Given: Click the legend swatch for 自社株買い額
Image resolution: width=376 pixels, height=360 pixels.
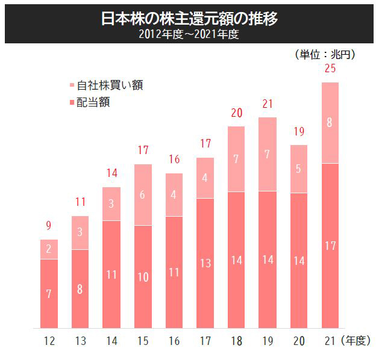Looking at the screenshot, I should point(72,85).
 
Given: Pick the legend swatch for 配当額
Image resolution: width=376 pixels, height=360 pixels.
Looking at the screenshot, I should point(72,102).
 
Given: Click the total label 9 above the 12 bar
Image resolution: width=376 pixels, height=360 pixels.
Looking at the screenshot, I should point(49,227).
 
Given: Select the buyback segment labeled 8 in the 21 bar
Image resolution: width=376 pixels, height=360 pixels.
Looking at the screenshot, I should point(330,123).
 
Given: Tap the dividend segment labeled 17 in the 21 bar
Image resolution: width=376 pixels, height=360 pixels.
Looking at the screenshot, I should point(330,246).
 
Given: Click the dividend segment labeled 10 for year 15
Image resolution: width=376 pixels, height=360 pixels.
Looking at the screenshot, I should point(142,277).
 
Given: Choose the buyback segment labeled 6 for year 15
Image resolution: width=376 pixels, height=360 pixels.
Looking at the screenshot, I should point(142,195).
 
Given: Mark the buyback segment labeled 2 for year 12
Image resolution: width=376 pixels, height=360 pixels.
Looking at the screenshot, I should point(49,249).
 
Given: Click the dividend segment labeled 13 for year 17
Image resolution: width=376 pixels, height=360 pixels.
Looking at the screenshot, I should point(205,263).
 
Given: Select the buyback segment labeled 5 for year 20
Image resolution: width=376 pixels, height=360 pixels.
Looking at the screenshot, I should point(298,169).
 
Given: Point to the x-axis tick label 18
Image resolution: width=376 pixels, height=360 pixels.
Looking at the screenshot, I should point(236,341).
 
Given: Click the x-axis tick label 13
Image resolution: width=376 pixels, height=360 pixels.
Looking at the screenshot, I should point(80,341).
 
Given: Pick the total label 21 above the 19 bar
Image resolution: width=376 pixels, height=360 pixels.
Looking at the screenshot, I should point(267,105).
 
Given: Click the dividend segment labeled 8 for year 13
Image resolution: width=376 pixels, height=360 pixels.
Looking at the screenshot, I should point(80,288).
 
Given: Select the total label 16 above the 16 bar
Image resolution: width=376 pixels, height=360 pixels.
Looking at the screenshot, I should point(174,160).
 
